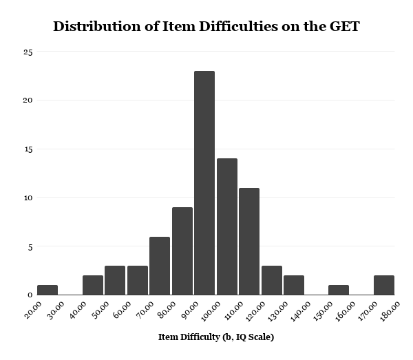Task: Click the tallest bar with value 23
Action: pyautogui.click(x=204, y=182)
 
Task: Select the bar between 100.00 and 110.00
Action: pyautogui.click(x=226, y=226)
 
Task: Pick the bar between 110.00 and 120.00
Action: pyautogui.click(x=249, y=241)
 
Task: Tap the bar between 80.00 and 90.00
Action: pyautogui.click(x=182, y=251)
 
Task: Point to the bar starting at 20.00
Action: pyautogui.click(x=47, y=290)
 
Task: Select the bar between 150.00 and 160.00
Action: pyautogui.click(x=339, y=290)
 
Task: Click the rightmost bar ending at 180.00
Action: pyautogui.click(x=383, y=285)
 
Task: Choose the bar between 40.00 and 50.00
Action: pyautogui.click(x=92, y=285)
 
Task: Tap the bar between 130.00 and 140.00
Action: pyautogui.click(x=294, y=285)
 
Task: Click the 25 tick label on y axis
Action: pyautogui.click(x=28, y=52)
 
